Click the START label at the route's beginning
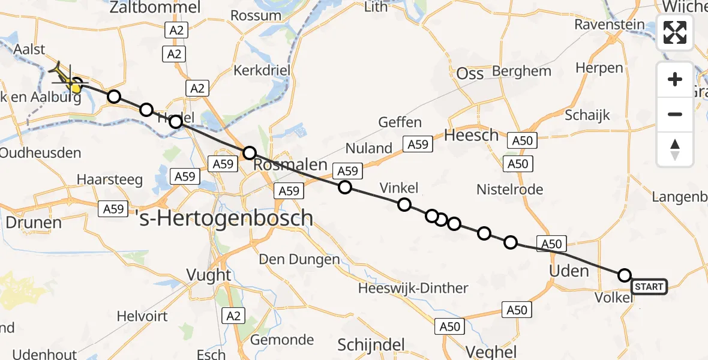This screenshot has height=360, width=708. [x=648, y=287]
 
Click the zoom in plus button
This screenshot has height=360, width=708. [x=675, y=79]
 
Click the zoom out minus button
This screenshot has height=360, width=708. [x=675, y=114]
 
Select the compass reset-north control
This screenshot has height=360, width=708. [x=675, y=149]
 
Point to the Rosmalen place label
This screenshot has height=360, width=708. [x=290, y=165]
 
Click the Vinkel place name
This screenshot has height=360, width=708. [x=399, y=188]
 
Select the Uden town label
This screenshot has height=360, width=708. [x=569, y=271]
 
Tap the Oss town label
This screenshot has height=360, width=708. [x=470, y=73]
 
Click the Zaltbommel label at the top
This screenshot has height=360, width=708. [x=155, y=8]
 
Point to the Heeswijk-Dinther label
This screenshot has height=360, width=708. [x=413, y=288]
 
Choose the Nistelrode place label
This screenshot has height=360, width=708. [x=509, y=190]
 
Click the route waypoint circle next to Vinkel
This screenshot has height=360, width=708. [x=404, y=205]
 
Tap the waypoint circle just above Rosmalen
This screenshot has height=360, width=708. [x=249, y=153]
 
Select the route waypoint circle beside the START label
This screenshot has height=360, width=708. [x=624, y=275]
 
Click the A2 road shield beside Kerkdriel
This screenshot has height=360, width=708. [x=197, y=89]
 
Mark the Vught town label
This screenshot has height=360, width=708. [x=208, y=275]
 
